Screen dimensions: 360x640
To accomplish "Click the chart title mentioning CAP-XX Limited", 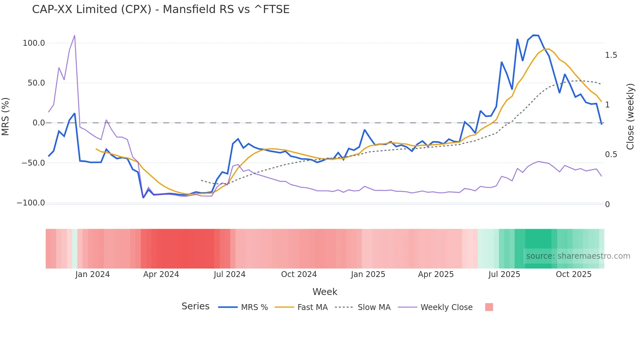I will (161, 9).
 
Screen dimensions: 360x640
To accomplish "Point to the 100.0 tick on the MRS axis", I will (34, 43).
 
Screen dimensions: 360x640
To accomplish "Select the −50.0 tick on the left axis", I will (33, 163).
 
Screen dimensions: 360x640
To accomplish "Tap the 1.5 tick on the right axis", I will (611, 55).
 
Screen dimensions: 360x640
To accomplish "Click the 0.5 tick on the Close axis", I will (611, 155).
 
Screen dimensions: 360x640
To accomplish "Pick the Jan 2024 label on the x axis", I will (92, 274).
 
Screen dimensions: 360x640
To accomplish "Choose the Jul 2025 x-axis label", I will (504, 274).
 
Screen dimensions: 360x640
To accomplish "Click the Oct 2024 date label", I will (299, 274).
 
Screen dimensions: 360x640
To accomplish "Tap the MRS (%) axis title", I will (6, 117).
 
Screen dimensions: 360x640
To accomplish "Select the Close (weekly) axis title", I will (630, 117).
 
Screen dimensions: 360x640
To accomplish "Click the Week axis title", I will (325, 292).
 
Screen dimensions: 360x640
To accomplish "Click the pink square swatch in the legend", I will (489, 307).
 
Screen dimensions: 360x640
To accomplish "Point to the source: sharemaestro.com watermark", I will (578, 256).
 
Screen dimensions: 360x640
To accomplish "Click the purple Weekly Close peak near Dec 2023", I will (75, 36).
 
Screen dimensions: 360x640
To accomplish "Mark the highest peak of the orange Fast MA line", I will (549, 49).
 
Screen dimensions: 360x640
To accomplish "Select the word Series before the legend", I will (195, 306).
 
